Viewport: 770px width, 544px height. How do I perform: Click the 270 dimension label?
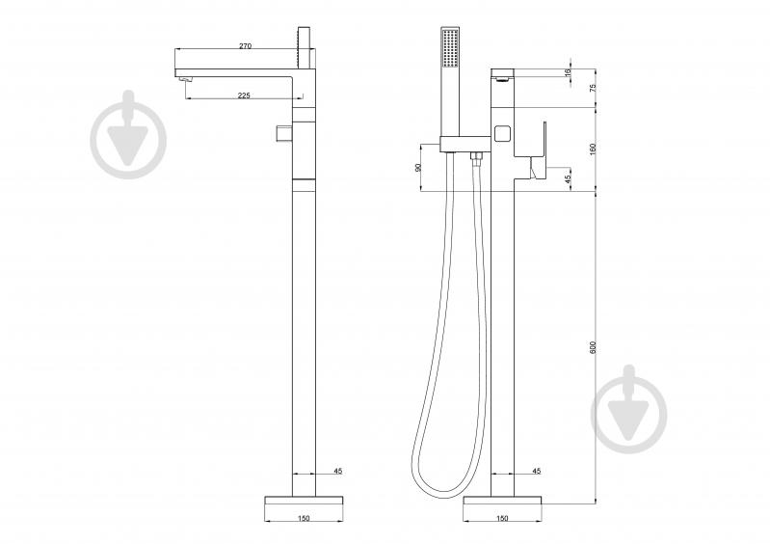pos(245,45)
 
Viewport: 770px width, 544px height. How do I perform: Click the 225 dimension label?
pos(244,95)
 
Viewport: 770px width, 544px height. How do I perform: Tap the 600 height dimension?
pos(593,347)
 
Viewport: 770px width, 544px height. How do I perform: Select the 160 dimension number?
pos(593,149)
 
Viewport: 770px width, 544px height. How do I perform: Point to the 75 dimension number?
pos(593,88)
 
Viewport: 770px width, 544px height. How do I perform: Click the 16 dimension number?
pos(569,72)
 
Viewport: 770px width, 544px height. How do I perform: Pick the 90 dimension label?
pos(418,168)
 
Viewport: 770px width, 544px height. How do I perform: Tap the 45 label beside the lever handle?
pos(569,178)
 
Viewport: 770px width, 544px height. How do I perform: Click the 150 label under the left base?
pos(304,518)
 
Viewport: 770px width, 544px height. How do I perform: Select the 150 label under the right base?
pos(502,518)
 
